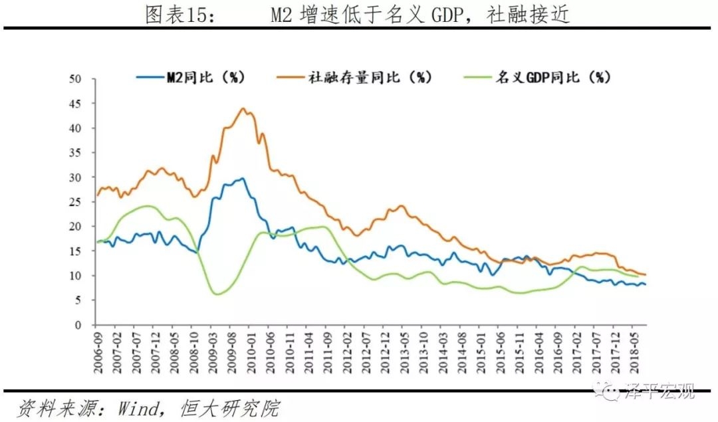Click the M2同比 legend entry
(205, 78)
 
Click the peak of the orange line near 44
(243, 108)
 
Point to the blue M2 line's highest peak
(243, 178)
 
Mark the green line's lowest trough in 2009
(215, 294)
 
